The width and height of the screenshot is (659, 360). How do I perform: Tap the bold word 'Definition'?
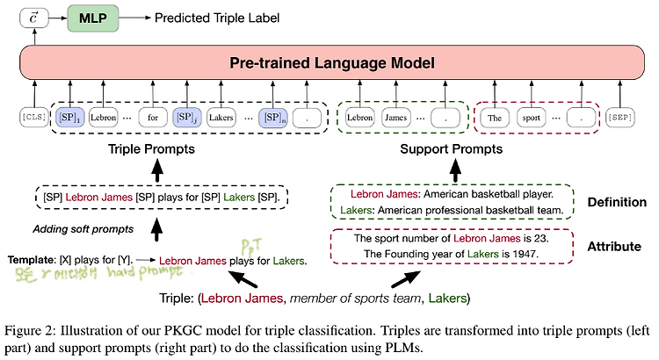pos(616,203)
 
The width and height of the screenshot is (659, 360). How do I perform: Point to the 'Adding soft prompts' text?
pos(78,230)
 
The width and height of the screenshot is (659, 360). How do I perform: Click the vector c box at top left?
pos(32,17)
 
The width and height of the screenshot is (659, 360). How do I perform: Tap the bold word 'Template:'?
pos(33,261)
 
